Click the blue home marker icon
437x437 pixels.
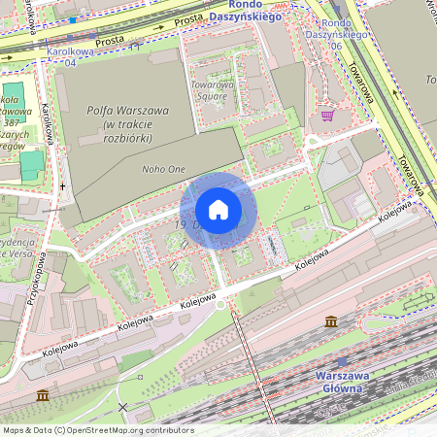click(x=218, y=210)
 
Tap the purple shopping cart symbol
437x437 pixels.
click(x=328, y=115)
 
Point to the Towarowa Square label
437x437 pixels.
click(x=213, y=90)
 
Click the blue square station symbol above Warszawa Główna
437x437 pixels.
click(x=342, y=361)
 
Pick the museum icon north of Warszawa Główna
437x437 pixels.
click(x=332, y=321)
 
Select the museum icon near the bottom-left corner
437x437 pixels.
click(x=43, y=396)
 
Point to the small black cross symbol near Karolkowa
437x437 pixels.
click(x=63, y=185)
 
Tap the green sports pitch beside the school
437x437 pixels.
click(x=32, y=163)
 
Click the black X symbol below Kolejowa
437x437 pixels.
click(x=122, y=406)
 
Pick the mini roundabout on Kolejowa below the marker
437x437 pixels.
click(x=220, y=304)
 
